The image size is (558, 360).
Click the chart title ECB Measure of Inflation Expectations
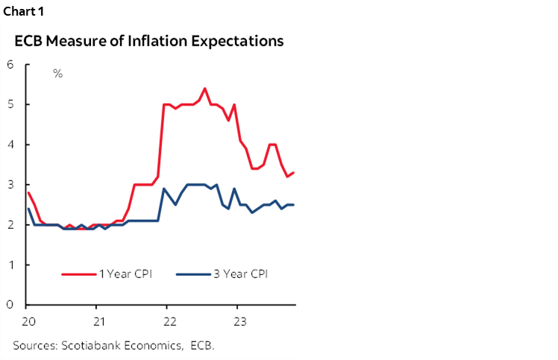(149, 41)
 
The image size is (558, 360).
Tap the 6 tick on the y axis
(10, 64)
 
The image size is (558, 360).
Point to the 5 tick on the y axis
(10, 104)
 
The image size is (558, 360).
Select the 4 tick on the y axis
(10, 145)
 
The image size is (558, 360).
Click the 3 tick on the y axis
(10, 185)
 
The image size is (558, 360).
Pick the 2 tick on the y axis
(10, 225)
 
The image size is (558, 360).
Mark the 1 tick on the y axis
(10, 265)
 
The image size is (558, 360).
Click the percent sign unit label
(57, 74)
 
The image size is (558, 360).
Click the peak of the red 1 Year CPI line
(204, 88)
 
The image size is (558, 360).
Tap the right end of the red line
(293, 173)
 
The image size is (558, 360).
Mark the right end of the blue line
(293, 205)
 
